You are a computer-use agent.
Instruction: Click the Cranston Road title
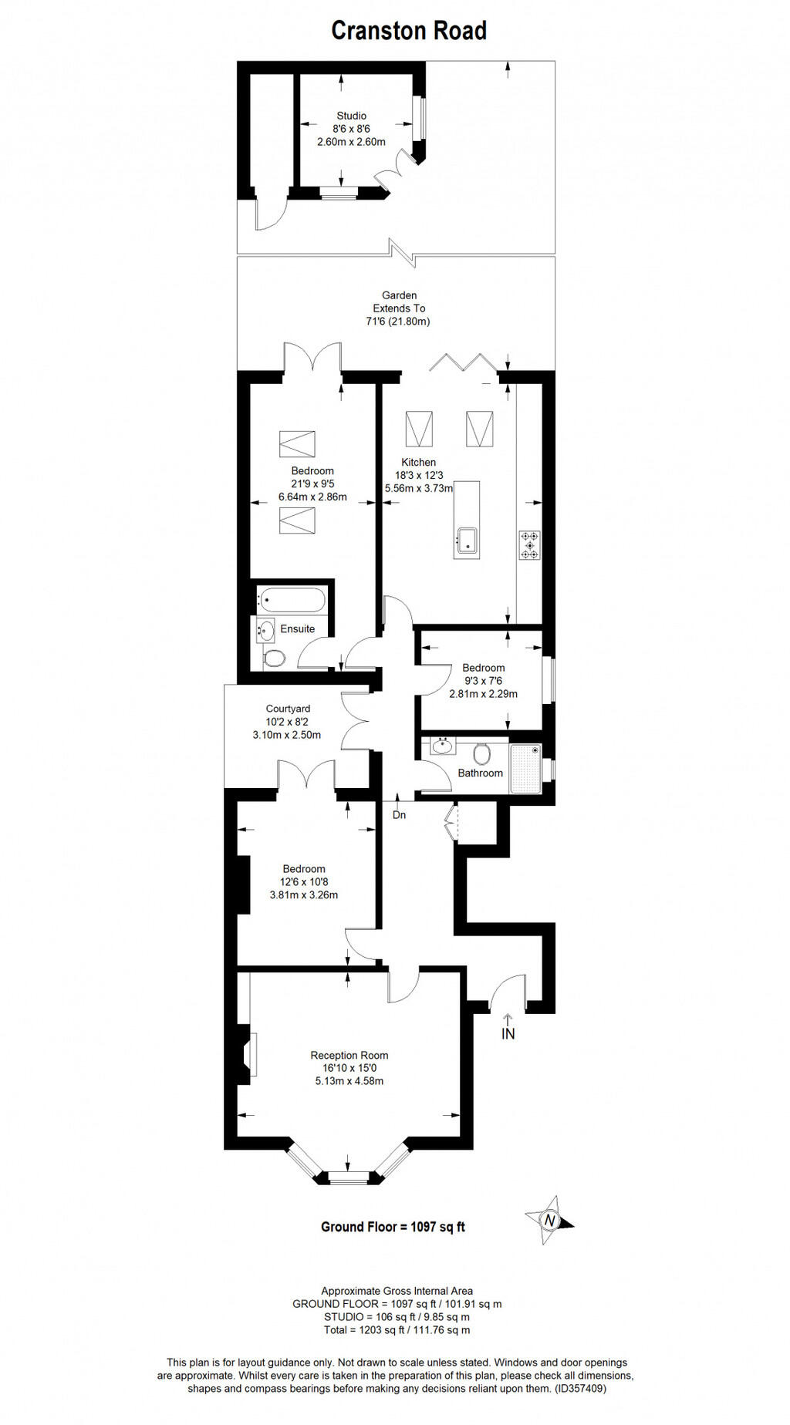409,31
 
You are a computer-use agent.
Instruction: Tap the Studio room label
351,116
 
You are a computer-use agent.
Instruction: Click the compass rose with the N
549,1220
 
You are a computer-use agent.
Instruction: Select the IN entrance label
508,1033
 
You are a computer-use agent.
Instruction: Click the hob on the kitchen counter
529,544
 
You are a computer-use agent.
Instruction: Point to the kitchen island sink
467,540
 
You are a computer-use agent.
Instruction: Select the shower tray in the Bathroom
525,768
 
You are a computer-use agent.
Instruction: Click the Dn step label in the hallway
399,814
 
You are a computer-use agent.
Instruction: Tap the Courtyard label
288,709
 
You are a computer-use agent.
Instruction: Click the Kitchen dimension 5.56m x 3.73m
419,488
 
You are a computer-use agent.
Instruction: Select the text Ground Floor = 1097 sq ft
393,1226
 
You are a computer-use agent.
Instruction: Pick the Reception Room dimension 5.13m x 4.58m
349,1081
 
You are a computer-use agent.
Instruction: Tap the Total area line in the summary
397,1330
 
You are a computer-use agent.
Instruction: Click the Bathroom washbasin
443,746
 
